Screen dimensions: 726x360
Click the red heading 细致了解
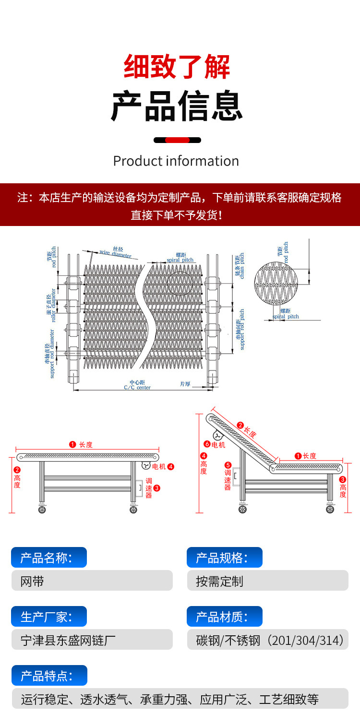[x=177, y=67]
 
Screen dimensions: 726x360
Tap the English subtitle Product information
[x=176, y=161]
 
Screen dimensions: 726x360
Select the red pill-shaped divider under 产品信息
[x=177, y=140]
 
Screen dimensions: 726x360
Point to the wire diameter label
[x=115, y=253]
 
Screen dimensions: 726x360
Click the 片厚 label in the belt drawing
[x=185, y=384]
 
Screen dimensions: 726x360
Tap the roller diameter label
[x=51, y=305]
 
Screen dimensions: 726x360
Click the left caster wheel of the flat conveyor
[x=42, y=510]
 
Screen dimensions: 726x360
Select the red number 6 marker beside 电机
[x=207, y=444]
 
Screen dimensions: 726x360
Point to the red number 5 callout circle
[x=228, y=465]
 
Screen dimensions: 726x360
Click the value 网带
[x=33, y=582]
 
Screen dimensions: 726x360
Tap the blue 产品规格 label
[x=224, y=558]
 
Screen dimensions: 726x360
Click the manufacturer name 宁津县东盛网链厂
[x=68, y=641]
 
